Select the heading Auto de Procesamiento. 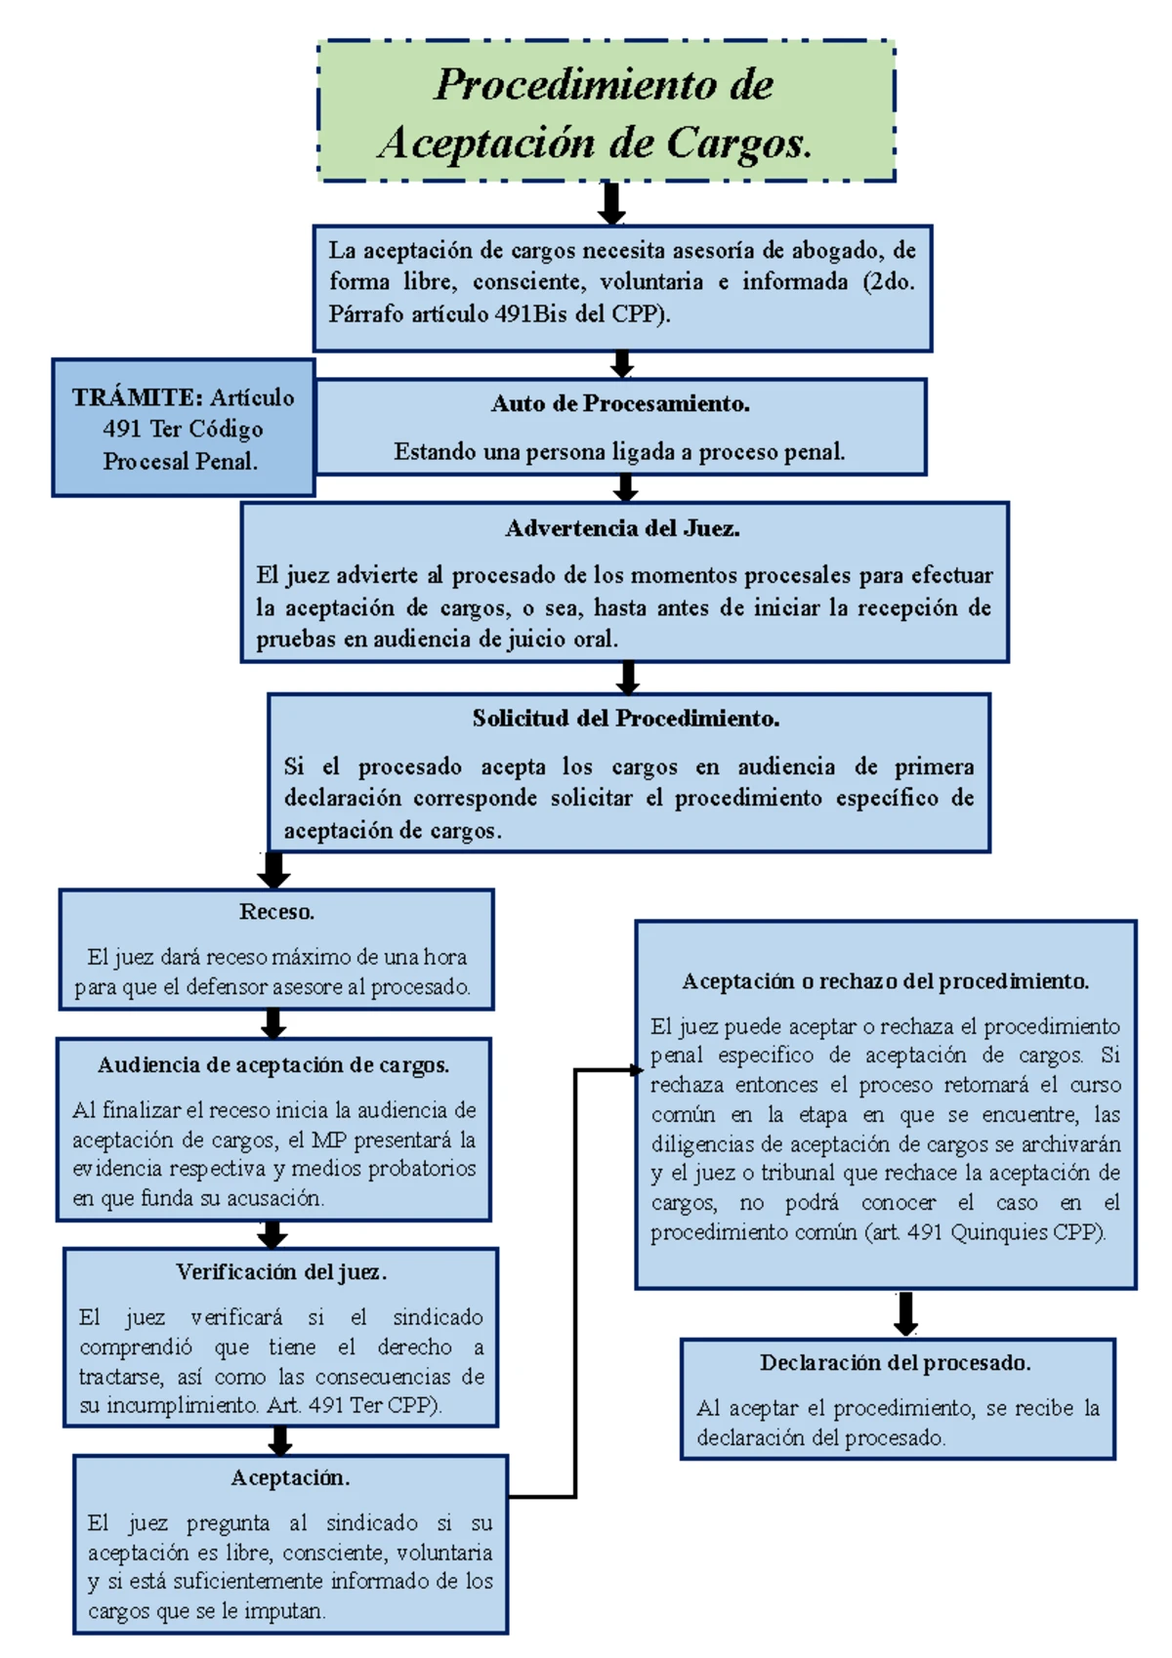[620, 404]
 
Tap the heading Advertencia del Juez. [622, 529]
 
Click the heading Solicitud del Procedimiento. [626, 720]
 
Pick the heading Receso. [276, 913]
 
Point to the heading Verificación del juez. [281, 1272]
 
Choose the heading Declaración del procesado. [895, 1363]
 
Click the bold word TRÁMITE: [137, 397]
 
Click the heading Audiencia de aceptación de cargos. [273, 1065]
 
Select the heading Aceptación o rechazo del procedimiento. [885, 981]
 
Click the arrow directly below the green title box [611, 203]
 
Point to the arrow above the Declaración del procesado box [905, 1314]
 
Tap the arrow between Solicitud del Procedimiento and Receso [273, 870]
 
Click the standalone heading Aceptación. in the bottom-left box [290, 1478]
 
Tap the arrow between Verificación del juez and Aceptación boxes [280, 1441]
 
